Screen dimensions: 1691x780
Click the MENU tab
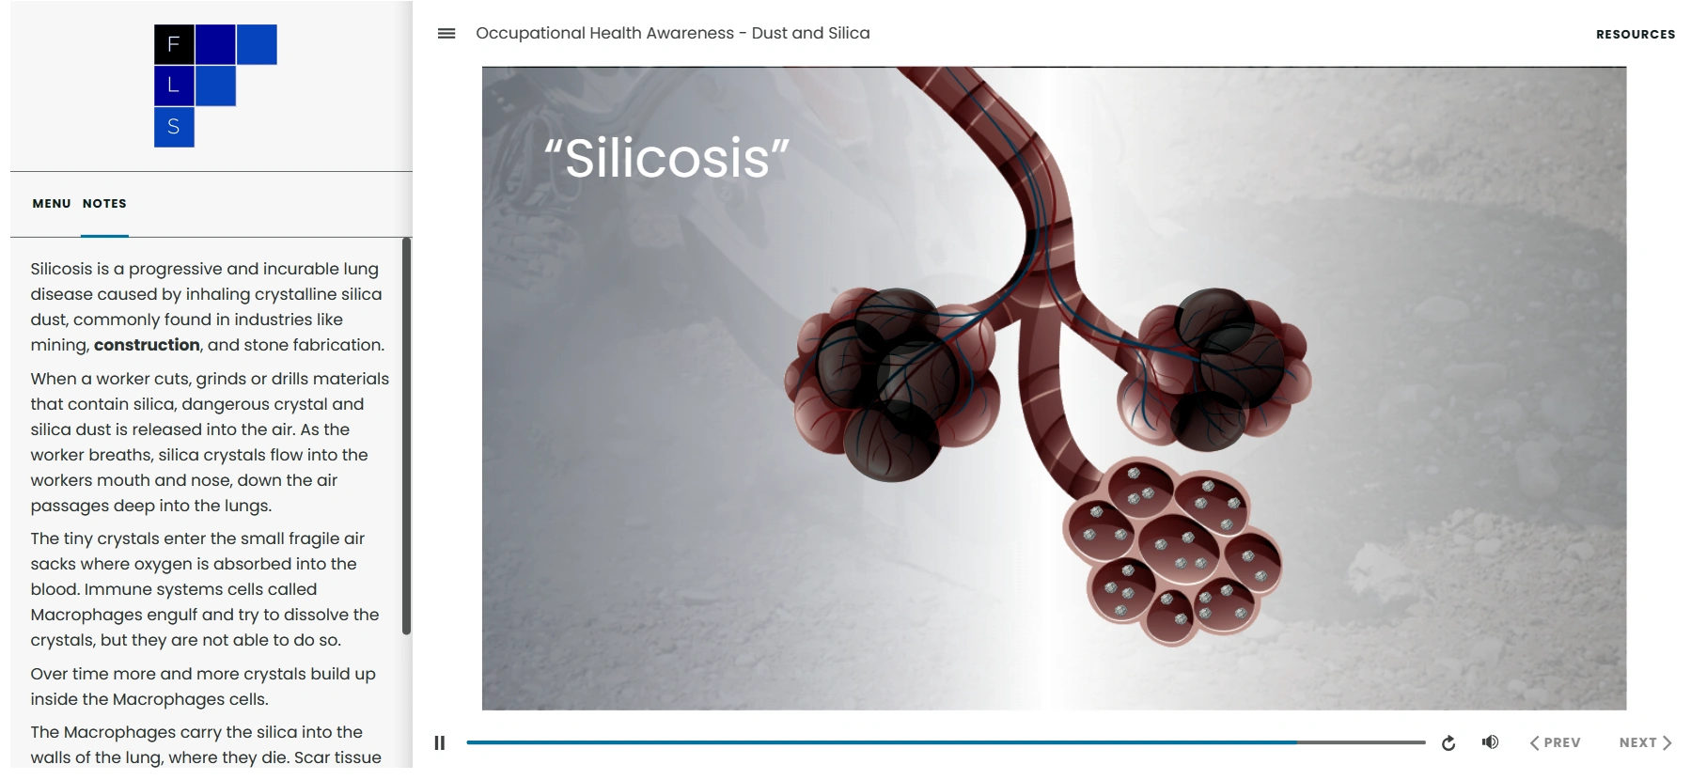(x=52, y=203)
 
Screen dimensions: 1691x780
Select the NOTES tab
(x=104, y=203)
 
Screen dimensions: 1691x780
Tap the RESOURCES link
(x=1636, y=34)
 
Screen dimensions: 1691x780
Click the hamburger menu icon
(x=446, y=34)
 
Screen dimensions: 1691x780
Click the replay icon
(x=1448, y=743)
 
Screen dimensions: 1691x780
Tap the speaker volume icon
(x=1490, y=742)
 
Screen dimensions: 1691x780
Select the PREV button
(x=1555, y=742)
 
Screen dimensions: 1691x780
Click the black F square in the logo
(x=174, y=44)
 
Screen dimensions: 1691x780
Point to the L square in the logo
(x=174, y=86)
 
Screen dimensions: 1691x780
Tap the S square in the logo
(x=174, y=127)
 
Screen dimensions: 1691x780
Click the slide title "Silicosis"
(x=667, y=157)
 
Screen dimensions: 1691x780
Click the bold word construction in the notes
(x=147, y=345)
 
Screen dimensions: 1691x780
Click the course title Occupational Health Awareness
(x=604, y=33)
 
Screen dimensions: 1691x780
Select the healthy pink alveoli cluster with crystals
(x=1172, y=550)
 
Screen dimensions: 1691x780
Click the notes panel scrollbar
(x=406, y=436)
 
